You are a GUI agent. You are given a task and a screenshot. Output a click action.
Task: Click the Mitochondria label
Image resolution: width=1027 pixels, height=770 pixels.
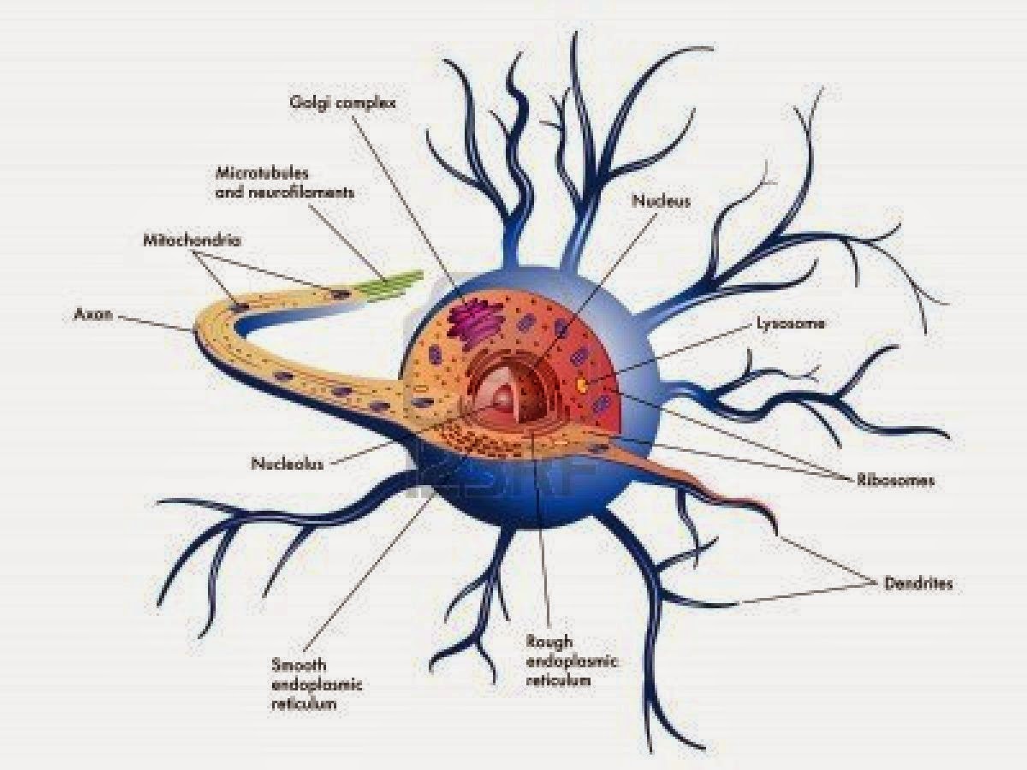point(192,240)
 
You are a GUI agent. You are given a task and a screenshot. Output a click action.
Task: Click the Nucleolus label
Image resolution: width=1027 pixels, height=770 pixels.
point(288,464)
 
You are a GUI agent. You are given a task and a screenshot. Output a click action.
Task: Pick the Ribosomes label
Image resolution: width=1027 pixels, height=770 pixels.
point(895,480)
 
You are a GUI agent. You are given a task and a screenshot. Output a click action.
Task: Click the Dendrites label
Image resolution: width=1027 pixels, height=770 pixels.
point(917,584)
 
